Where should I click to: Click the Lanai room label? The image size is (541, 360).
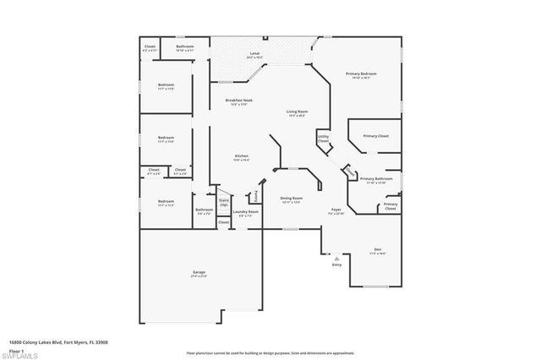[254, 53]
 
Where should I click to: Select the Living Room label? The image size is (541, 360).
[296, 112]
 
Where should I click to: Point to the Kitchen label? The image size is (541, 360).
[241, 156]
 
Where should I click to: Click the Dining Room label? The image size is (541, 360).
[292, 198]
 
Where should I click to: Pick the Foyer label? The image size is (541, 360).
[336, 210]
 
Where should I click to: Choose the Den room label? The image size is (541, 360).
[377, 248]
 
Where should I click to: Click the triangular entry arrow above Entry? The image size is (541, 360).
[337, 258]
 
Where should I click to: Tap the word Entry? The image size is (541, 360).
[337, 265]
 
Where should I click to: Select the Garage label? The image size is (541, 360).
[199, 272]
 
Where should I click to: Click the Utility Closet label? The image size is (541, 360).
[323, 138]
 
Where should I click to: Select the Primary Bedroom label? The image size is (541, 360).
[361, 74]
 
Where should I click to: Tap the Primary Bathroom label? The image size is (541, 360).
[377, 178]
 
